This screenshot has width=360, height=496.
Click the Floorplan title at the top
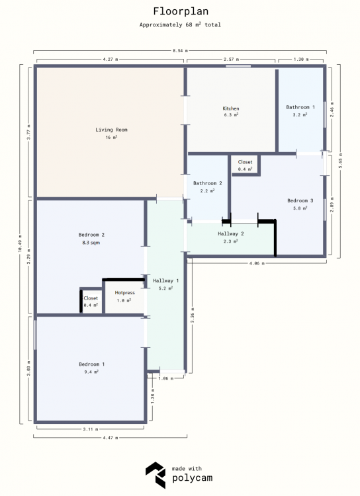(181, 11)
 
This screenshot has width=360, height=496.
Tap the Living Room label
(111, 130)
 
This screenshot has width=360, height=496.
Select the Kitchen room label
(231, 108)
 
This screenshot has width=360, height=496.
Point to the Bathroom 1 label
(300, 107)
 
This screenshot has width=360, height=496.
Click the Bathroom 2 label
(208, 183)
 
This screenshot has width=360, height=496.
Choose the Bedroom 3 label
(300, 200)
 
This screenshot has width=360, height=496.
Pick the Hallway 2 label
(231, 233)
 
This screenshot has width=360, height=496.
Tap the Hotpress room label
(125, 293)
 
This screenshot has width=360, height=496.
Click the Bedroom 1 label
(92, 364)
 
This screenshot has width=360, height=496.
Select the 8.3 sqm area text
(91, 243)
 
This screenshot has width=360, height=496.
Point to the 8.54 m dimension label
(180, 50)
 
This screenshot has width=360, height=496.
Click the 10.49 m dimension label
(21, 243)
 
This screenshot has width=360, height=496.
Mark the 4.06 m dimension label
(257, 263)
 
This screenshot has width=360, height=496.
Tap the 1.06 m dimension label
(166, 378)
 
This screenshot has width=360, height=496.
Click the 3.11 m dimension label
(91, 429)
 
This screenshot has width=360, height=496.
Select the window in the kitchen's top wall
(238, 66)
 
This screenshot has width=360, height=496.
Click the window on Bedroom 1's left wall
(35, 335)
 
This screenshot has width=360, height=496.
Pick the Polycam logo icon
(156, 475)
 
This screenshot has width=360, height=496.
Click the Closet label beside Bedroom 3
(245, 162)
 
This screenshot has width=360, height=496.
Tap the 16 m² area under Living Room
(111, 138)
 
